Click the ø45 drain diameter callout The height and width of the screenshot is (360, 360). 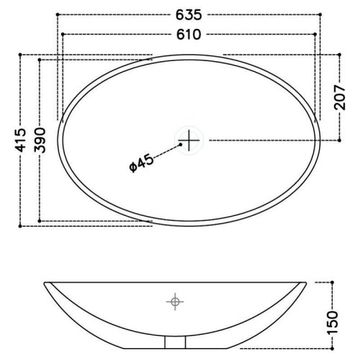[142, 163]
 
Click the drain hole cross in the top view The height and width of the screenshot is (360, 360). [189, 140]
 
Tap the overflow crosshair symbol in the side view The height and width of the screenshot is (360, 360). [175, 301]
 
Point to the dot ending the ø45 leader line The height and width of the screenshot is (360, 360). [178, 145]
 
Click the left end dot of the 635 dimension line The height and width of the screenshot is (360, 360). [58, 14]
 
